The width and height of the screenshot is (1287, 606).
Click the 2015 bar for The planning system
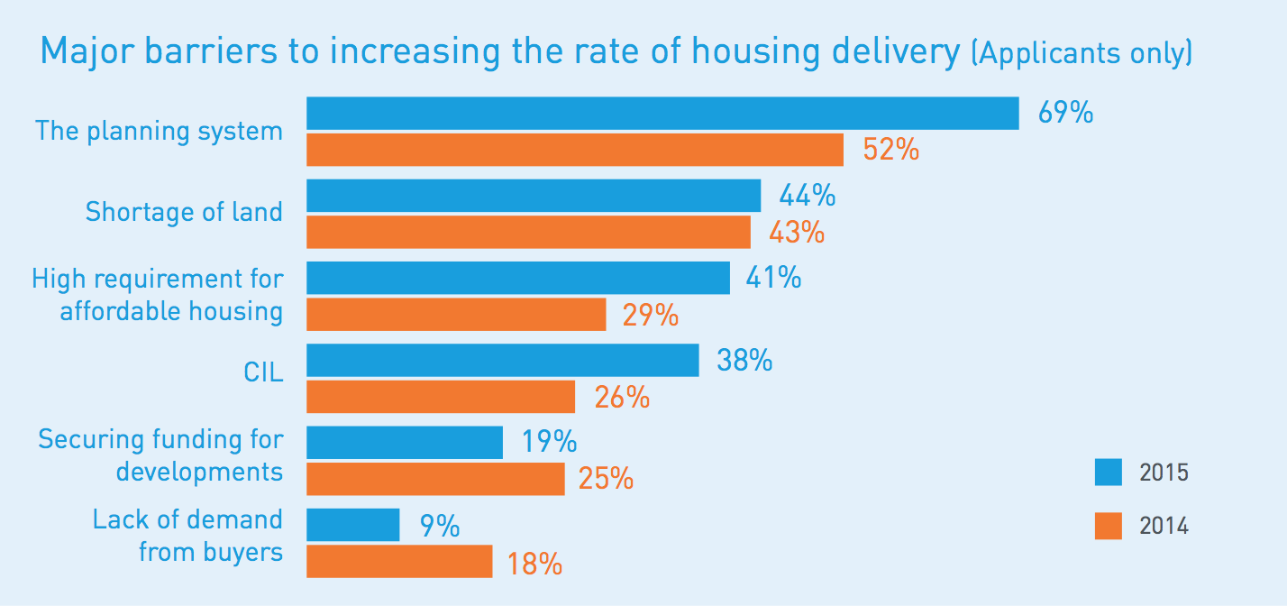point(662,114)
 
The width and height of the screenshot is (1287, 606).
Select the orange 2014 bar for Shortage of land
point(528,233)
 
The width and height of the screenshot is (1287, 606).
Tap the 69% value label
point(1065,114)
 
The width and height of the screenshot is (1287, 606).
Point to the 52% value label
point(890,151)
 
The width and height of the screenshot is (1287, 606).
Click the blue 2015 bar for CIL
point(502,360)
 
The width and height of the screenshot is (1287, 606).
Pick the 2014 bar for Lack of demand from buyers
point(399,561)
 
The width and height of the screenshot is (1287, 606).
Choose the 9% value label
point(440,526)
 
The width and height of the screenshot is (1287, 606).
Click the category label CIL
point(263,372)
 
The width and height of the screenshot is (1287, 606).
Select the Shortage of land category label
point(184,212)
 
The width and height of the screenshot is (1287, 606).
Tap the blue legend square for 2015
point(1109,472)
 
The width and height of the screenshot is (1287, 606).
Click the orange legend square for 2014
point(1109,526)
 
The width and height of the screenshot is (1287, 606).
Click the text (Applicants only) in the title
point(1082,52)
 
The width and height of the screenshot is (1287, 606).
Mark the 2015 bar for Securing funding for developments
point(405,442)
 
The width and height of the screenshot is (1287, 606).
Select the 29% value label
point(650,316)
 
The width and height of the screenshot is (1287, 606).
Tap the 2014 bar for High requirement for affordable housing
point(456,315)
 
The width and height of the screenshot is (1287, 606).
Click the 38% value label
point(744,361)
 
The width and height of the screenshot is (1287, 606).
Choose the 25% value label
point(606,479)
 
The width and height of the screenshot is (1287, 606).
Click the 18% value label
point(534,565)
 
